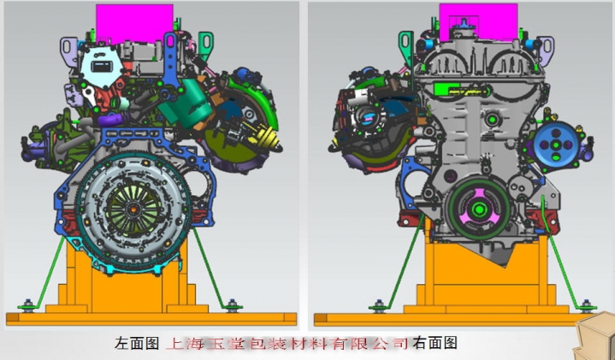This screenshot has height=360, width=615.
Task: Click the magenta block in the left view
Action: click(134, 23)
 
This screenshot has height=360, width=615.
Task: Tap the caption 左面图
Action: click(137, 343)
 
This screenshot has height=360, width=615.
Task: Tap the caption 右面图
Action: click(435, 343)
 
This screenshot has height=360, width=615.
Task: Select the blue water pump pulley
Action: click(556, 145)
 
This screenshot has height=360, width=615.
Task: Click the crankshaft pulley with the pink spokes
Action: click(479, 210)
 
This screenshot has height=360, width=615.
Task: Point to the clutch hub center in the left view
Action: click(133, 210)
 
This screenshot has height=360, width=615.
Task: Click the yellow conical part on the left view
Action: click(269, 139)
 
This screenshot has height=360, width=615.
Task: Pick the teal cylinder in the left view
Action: click(187, 102)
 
